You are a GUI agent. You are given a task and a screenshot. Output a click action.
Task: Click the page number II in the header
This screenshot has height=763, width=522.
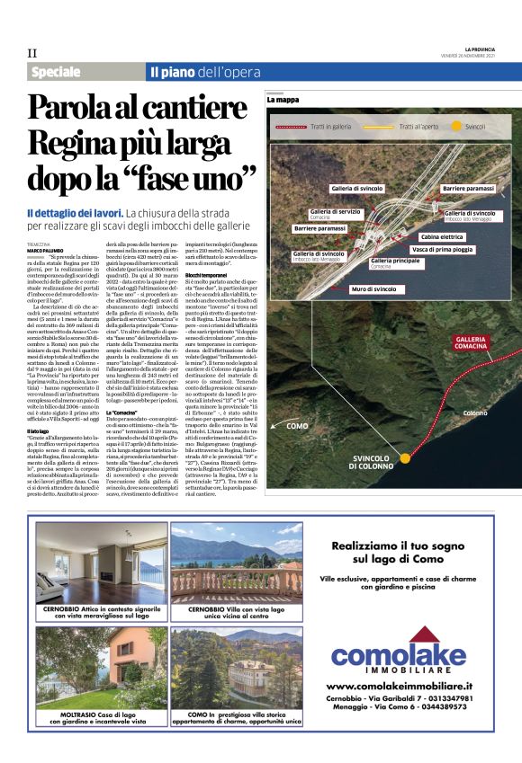(x=32, y=53)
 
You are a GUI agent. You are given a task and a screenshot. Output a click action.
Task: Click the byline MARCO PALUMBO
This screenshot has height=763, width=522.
(x=45, y=250)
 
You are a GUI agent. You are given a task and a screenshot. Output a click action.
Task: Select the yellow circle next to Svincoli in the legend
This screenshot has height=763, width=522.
(x=456, y=128)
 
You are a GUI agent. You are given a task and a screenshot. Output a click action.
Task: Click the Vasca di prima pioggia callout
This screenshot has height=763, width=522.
(x=443, y=248)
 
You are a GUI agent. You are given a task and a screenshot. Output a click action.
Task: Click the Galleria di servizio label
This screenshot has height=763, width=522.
(x=334, y=212)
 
